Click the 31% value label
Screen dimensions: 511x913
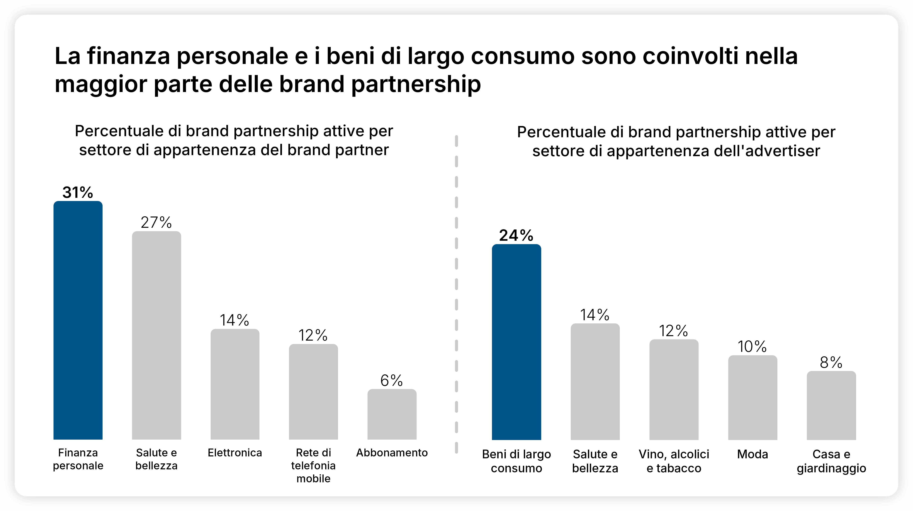[x=78, y=193]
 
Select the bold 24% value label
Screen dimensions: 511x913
[x=516, y=235]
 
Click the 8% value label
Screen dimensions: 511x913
[x=831, y=362]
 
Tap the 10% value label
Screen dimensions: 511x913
[x=752, y=347]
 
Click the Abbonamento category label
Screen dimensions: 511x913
[x=392, y=453]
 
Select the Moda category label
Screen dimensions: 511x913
[x=752, y=454]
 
